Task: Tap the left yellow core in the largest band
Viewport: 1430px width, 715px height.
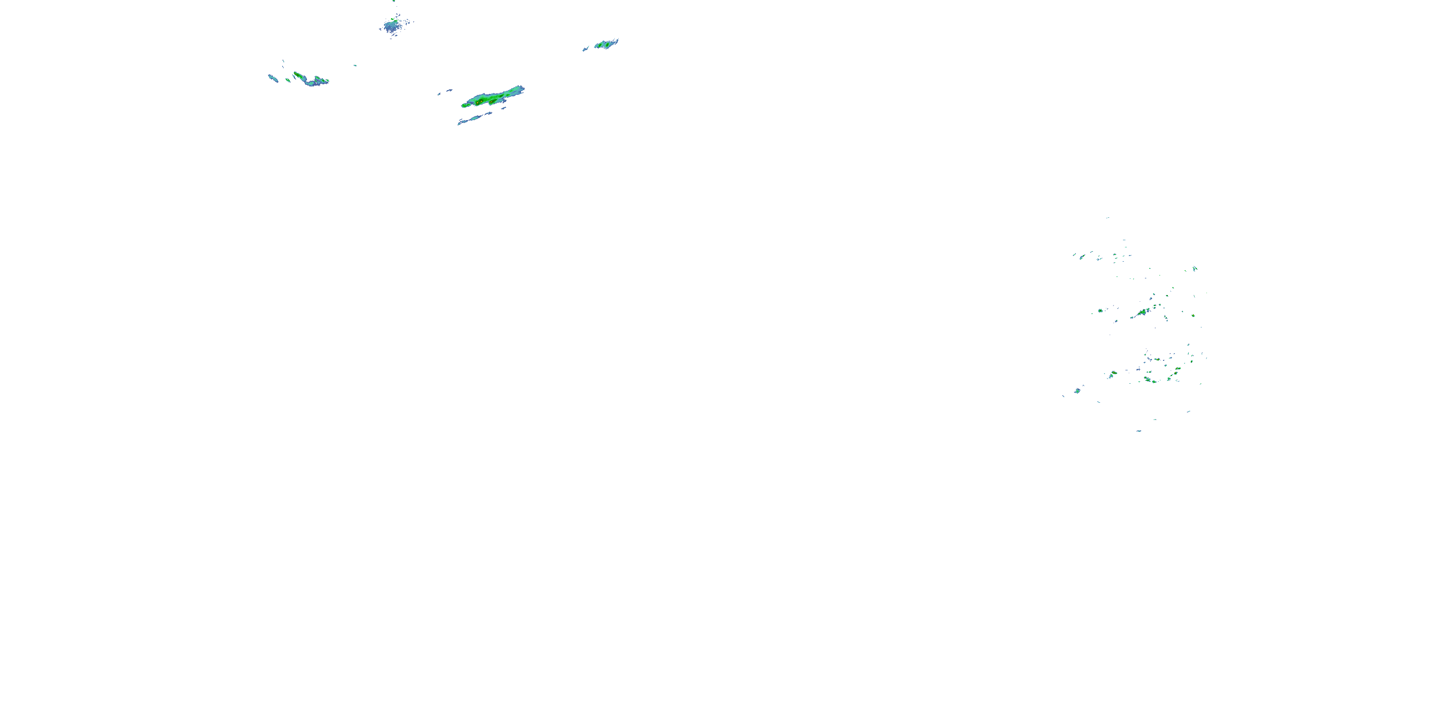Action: tap(478, 102)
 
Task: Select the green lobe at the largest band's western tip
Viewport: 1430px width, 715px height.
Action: tap(465, 105)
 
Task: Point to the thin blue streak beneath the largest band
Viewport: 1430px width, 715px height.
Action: tap(475, 118)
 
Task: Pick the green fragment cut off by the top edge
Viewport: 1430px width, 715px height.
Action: tap(394, 1)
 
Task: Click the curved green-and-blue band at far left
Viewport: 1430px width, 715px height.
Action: tap(311, 80)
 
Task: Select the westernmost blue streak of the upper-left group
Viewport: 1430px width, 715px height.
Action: tap(273, 78)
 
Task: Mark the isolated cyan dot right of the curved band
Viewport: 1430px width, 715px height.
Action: tap(355, 65)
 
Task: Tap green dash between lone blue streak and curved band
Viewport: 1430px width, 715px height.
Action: tap(287, 80)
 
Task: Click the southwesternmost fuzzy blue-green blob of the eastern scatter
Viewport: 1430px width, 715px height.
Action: tap(1077, 391)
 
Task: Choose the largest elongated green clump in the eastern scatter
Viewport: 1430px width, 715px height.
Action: tap(1142, 313)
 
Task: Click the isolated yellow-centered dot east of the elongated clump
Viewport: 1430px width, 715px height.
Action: tap(1193, 315)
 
